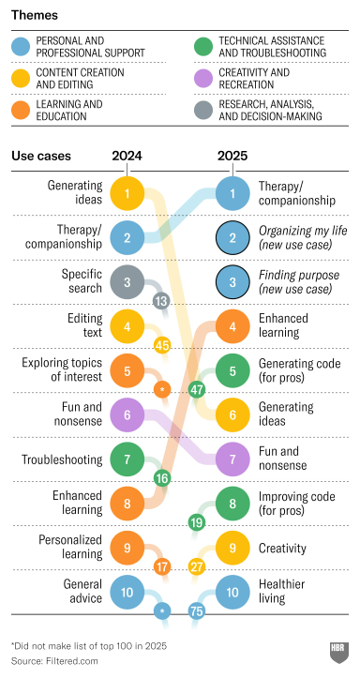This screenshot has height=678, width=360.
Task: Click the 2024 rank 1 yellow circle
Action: (x=127, y=194)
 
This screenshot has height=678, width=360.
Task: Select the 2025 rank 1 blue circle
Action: (x=232, y=194)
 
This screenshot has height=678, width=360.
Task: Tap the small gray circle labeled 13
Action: (x=160, y=300)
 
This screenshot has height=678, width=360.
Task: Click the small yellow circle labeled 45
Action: (x=161, y=345)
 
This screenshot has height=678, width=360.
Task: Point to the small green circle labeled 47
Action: (x=197, y=388)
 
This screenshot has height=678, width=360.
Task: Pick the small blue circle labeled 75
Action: (x=197, y=610)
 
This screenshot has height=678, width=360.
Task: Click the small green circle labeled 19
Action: (x=197, y=522)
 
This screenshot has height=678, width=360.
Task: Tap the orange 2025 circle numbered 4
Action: (x=232, y=326)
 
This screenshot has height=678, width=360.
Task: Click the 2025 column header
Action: (x=232, y=157)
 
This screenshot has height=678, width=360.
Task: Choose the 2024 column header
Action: (x=127, y=157)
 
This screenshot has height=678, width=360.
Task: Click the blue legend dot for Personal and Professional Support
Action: (x=22, y=47)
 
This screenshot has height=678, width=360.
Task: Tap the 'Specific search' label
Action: (x=78, y=282)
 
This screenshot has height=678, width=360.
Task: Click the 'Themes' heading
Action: (x=34, y=16)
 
